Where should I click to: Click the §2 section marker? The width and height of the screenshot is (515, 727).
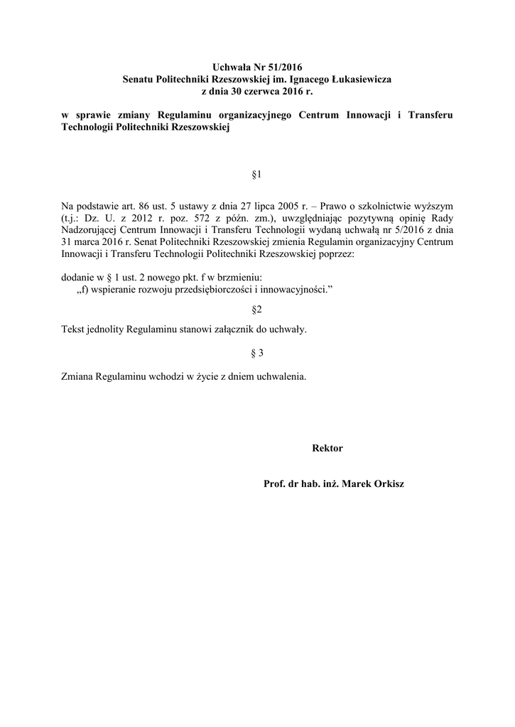pyautogui.click(x=257, y=310)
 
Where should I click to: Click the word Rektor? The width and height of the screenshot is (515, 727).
pyautogui.click(x=327, y=448)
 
